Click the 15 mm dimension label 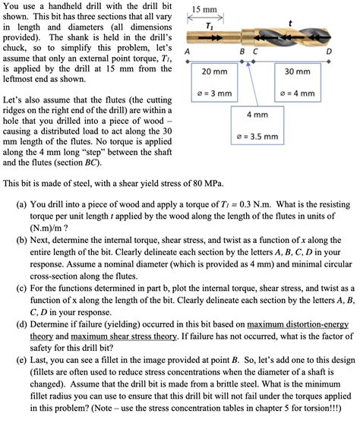pos(205,11)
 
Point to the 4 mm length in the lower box pos(257,115)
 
